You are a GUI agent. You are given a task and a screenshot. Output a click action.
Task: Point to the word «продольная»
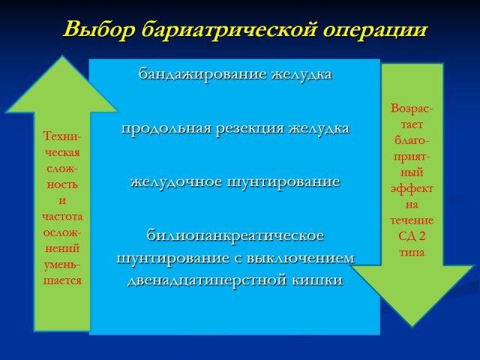pos(166,128)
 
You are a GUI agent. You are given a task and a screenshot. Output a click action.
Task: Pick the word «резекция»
pos(250,129)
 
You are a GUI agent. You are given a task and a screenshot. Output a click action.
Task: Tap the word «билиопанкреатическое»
pos(235,235)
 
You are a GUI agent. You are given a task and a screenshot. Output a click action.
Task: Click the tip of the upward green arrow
pos(62,56)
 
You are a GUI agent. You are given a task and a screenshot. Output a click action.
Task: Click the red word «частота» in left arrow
pos(62,217)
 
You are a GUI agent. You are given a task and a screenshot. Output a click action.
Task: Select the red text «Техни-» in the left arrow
pos(62,136)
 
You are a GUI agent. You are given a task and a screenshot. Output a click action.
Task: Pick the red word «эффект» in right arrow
pos(412,189)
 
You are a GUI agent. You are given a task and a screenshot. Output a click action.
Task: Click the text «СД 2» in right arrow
pos(412,236)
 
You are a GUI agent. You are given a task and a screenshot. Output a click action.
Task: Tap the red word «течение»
pos(412,220)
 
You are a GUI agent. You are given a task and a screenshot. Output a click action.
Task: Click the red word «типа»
pos(412,253)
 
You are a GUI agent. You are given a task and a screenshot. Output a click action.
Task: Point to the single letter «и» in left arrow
pos(62,201)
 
